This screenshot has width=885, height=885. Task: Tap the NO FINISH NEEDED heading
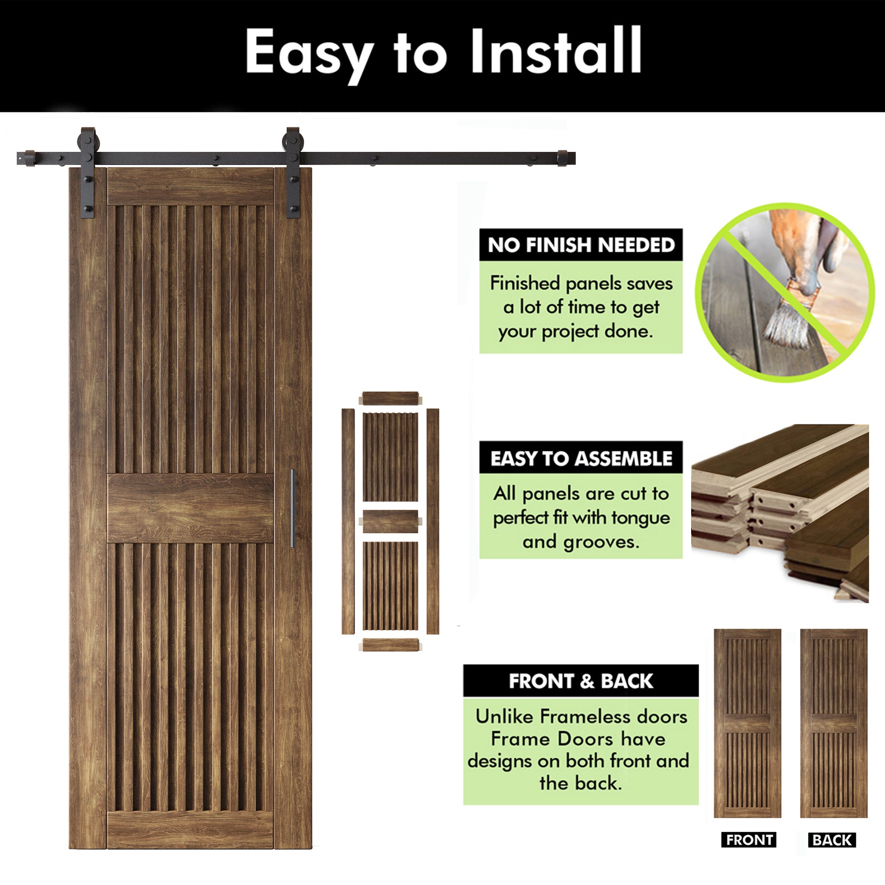coord(581,245)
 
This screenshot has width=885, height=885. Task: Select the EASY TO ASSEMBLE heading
coord(581,458)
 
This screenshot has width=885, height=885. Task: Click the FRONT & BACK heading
coord(581,681)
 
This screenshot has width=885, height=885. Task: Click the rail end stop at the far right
coord(563,158)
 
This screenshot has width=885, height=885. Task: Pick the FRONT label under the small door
coord(749,840)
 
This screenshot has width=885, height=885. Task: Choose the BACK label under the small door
coord(831,840)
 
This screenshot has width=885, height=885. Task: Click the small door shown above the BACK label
coord(834,724)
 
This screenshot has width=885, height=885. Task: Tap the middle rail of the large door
coord(190,508)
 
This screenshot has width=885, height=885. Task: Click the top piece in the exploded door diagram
coord(390,398)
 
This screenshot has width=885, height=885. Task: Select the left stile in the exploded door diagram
coord(348,521)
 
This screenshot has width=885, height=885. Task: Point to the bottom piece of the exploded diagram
coord(390,645)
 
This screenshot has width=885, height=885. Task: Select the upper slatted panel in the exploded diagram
coord(390,457)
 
